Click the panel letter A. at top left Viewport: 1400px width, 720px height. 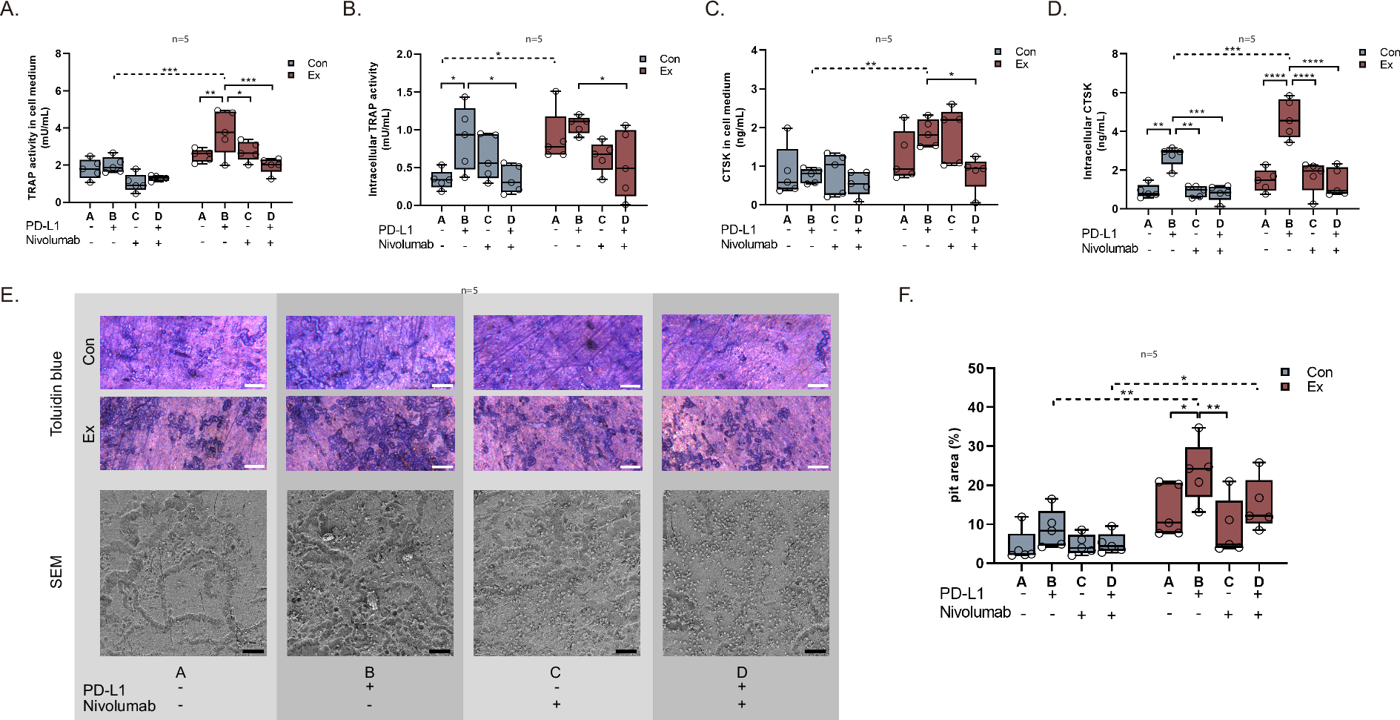point(10,10)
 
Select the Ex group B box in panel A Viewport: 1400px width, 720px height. point(225,131)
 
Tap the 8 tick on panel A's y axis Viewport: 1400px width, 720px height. point(59,53)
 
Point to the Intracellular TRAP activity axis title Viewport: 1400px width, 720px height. point(373,129)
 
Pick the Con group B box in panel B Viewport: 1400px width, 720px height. point(465,139)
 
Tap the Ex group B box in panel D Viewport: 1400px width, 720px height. point(1289,118)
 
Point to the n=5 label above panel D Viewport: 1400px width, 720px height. point(1247,39)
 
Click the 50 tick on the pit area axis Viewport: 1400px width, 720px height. point(976,369)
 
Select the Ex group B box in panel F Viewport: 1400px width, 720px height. point(1198,472)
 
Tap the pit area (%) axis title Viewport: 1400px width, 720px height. point(955,465)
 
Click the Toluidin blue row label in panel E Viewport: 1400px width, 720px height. point(56,393)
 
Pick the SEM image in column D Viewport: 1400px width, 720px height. point(746,572)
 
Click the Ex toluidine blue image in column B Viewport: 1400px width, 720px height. point(370,433)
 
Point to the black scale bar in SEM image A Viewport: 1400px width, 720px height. point(253,651)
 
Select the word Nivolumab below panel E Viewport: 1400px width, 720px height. point(119,706)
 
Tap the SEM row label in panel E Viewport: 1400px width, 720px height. point(56,572)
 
